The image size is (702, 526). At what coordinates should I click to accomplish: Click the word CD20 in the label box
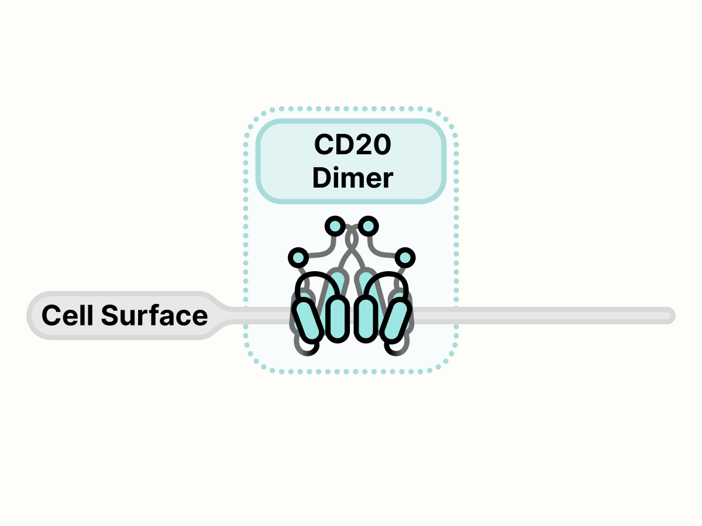pos(352,146)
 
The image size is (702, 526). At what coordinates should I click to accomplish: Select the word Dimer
pos(352,178)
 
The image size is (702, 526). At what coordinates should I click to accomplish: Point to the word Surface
pos(154,316)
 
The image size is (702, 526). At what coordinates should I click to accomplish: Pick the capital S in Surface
pos(109,316)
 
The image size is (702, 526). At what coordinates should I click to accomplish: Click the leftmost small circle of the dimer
pos(298,257)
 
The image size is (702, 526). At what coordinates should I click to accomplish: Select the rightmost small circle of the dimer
pos(405,257)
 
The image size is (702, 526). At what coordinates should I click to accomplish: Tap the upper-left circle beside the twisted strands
pos(335,225)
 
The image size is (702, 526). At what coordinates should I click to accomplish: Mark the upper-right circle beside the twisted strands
pos(369,225)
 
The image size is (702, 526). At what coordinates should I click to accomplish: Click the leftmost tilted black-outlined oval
pos(308,319)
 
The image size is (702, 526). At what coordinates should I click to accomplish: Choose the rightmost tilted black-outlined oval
pos(395,319)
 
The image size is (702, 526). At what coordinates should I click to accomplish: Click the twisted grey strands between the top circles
pos(352,240)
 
